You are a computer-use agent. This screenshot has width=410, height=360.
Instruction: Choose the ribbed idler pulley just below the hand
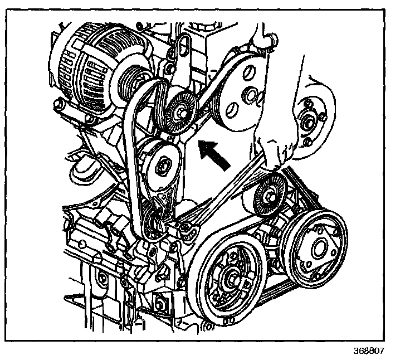pyautogui.click(x=270, y=193)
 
